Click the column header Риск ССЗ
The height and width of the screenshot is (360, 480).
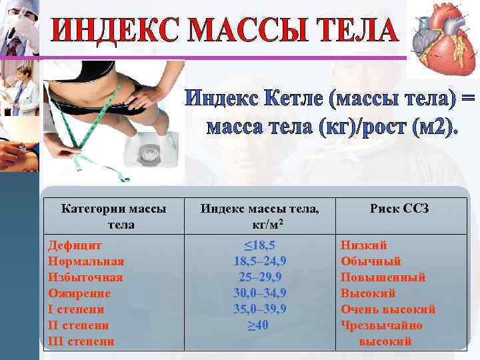tap(400, 209)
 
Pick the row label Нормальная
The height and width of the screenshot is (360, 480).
tap(86, 261)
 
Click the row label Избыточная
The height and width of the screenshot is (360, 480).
tap(85, 277)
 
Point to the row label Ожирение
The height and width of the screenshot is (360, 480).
tap(79, 293)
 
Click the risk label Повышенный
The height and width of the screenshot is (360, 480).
tap(383, 277)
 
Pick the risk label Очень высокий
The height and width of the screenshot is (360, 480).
tap(388, 309)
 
